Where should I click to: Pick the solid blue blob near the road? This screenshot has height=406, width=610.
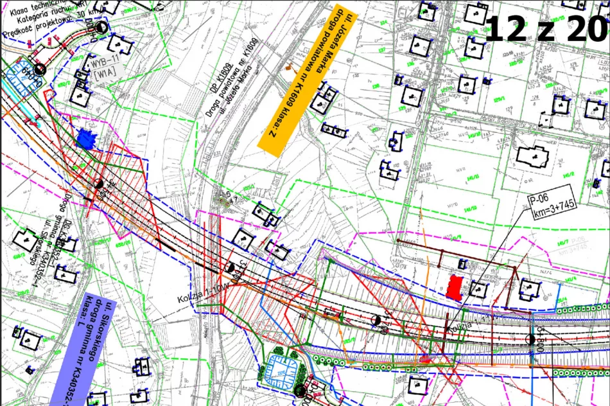[x=84, y=138]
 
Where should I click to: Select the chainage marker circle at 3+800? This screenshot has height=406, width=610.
[x=531, y=339]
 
